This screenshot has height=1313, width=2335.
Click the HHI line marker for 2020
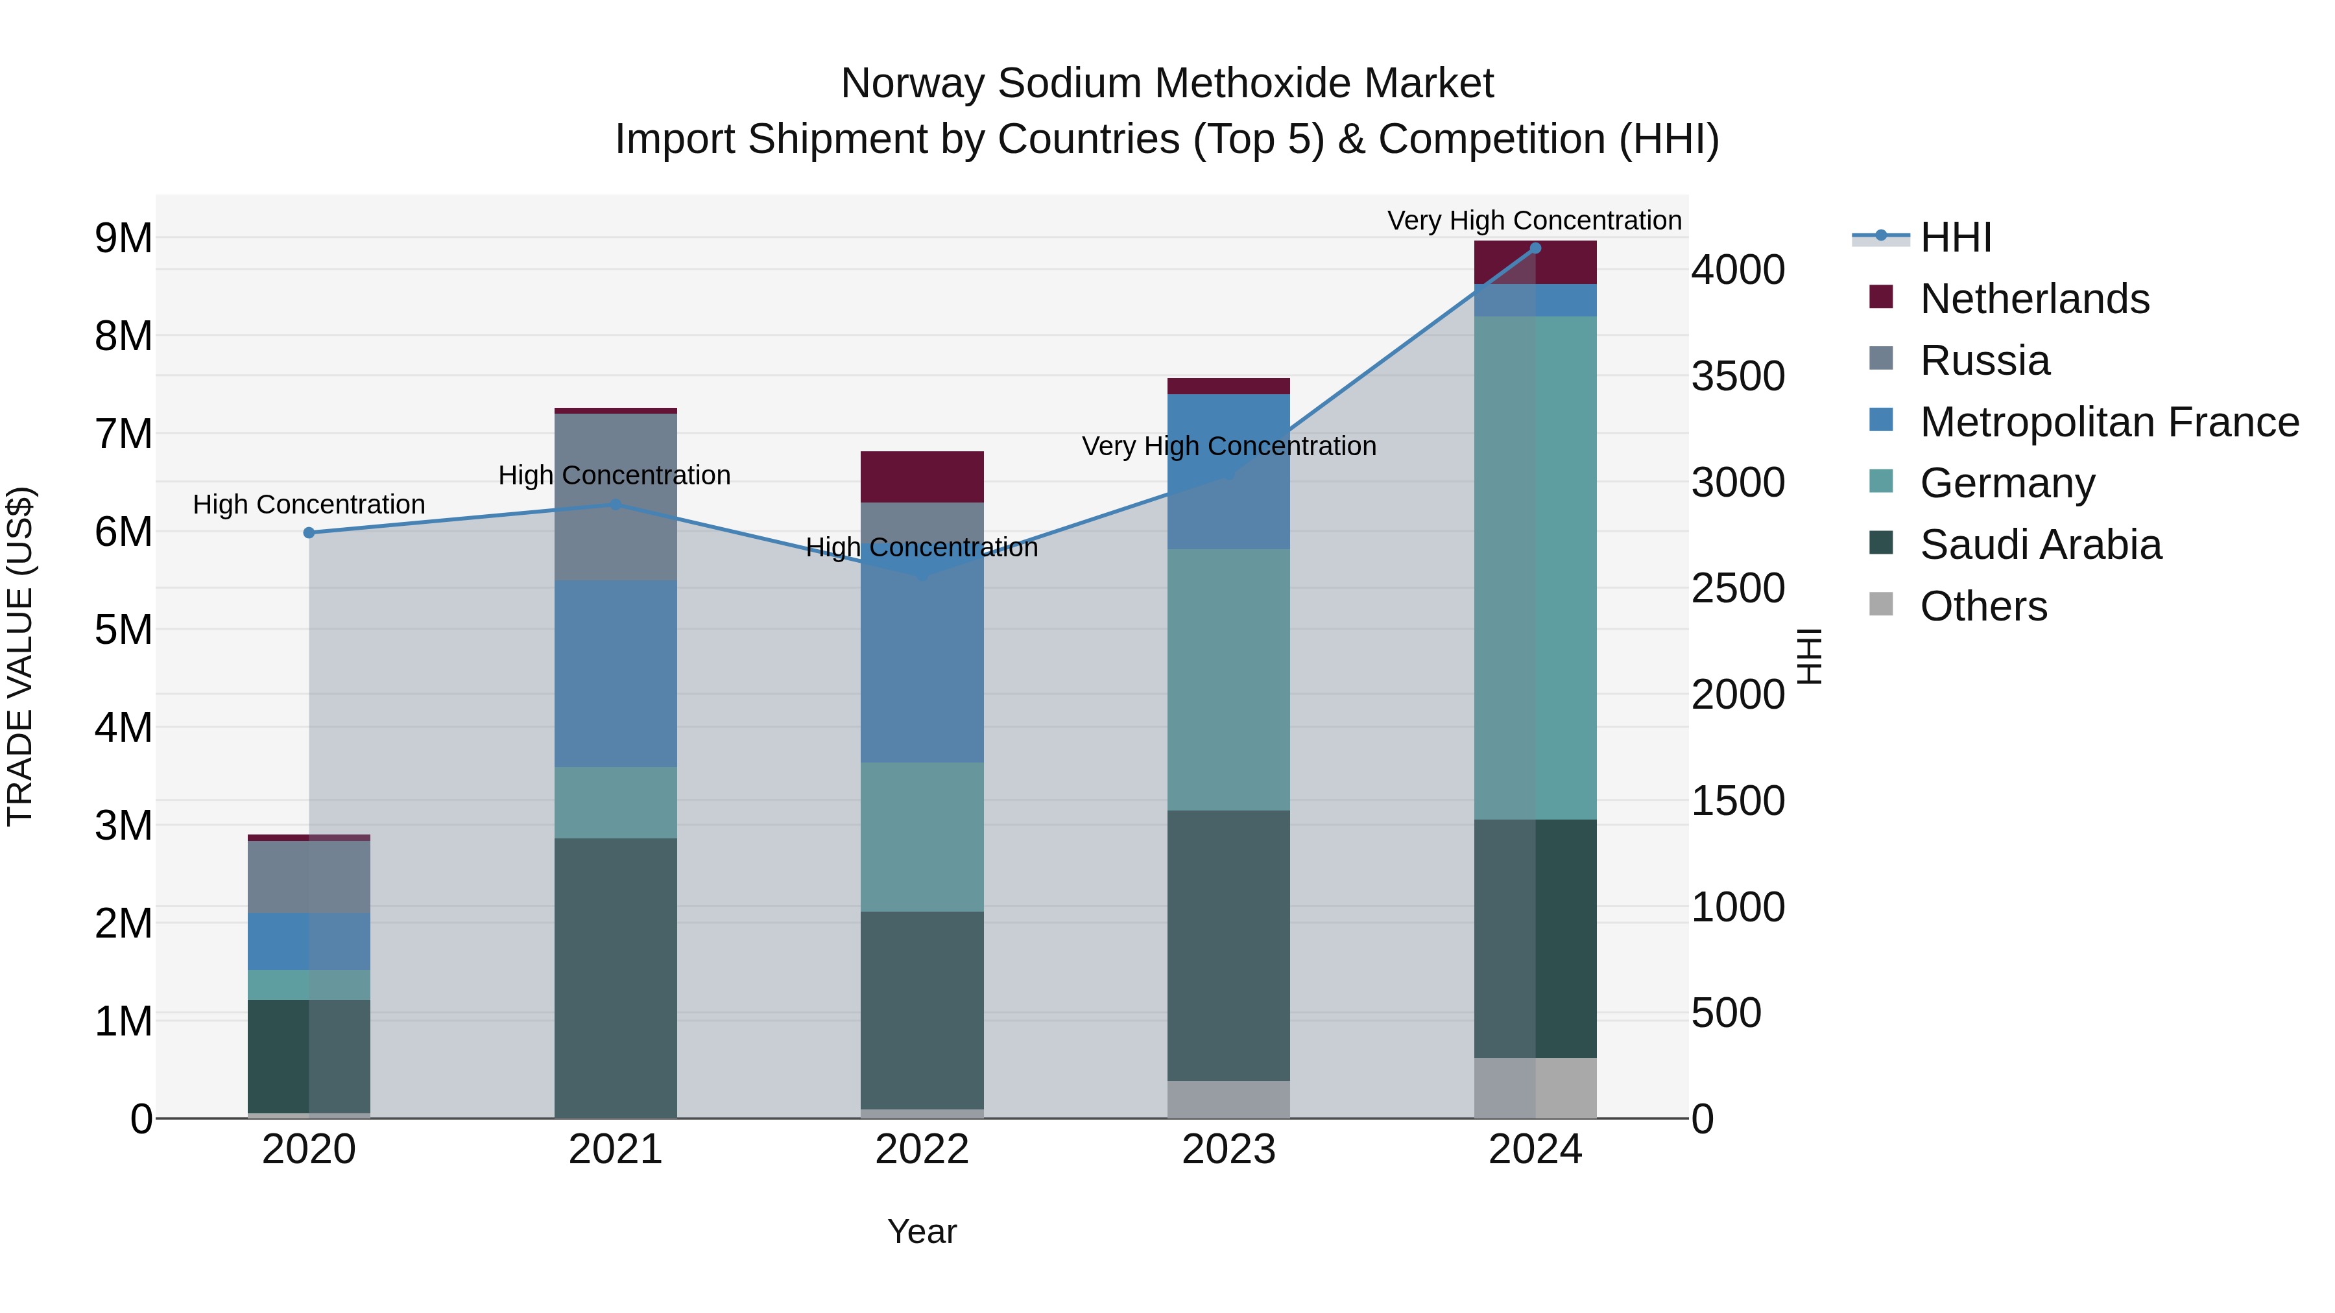click(309, 533)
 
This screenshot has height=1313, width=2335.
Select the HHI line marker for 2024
click(1535, 248)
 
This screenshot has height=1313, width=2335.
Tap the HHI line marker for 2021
click(616, 504)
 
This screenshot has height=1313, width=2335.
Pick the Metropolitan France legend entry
click(2109, 422)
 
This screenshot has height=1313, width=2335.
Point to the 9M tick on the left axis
click(124, 239)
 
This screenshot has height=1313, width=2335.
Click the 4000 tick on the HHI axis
click(1738, 270)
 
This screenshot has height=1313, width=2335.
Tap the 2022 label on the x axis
click(922, 1150)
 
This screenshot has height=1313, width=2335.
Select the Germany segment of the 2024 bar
click(1535, 568)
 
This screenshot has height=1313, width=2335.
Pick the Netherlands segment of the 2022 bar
click(922, 477)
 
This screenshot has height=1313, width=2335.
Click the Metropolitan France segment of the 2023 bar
click(1228, 471)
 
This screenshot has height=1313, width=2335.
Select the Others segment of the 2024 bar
click(1535, 1087)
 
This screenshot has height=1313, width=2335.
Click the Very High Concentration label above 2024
click(1534, 220)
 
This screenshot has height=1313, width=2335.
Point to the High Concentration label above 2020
click(309, 504)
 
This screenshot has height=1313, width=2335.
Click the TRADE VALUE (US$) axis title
click(20, 656)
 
